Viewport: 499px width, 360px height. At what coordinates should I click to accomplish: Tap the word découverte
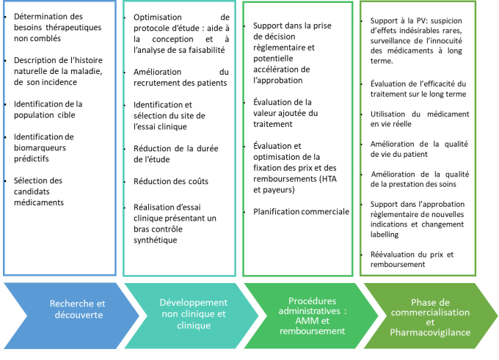[78, 315]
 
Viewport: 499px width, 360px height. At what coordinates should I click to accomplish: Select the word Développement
[194, 302]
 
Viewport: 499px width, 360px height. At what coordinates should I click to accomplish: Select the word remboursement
[312, 331]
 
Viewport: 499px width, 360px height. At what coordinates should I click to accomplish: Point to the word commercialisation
[429, 312]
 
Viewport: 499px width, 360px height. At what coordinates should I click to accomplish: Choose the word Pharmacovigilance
[430, 332]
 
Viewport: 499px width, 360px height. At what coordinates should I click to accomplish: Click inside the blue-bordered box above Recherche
[59, 138]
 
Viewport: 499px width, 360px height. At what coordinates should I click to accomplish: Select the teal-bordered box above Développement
[179, 138]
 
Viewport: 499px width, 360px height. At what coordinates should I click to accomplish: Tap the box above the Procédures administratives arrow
[298, 138]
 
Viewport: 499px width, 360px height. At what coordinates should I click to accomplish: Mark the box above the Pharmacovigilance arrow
[418, 138]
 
